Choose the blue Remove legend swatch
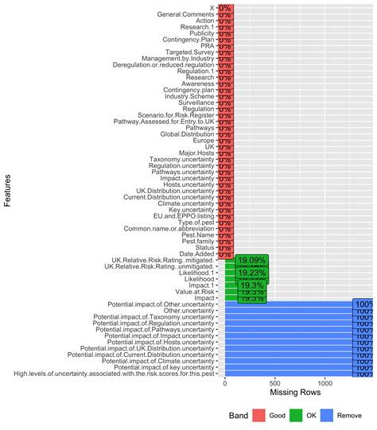click(x=325, y=416)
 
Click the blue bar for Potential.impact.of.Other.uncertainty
click(x=290, y=303)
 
